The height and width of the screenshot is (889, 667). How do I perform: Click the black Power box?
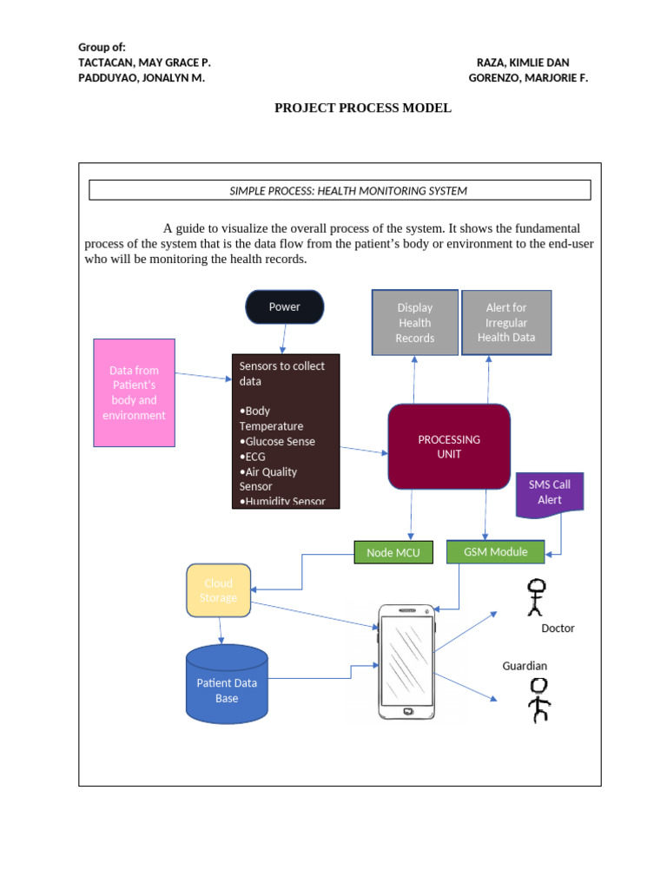tap(284, 307)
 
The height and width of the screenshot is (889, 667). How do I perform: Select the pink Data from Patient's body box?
tap(135, 392)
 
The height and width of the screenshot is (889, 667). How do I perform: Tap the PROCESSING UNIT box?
tap(448, 446)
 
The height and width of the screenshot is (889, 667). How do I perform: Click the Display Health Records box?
tap(414, 323)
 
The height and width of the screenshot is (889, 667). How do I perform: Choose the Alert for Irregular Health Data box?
tap(506, 323)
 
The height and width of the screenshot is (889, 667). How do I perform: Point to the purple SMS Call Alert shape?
tap(549, 494)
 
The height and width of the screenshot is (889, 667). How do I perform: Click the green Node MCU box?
tap(393, 552)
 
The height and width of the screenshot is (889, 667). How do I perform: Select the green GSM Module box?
tap(495, 551)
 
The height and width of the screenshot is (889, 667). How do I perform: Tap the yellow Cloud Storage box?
tap(218, 590)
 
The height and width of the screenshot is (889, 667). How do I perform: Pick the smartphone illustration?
tap(406, 662)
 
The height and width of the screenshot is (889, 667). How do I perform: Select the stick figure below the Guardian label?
tap(539, 700)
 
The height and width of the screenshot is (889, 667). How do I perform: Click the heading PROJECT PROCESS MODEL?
tap(363, 109)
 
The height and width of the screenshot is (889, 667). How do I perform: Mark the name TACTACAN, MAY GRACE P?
tap(144, 63)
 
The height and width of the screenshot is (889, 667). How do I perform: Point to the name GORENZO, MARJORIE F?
tap(528, 78)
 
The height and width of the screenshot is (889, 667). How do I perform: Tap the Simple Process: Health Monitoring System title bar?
tap(340, 190)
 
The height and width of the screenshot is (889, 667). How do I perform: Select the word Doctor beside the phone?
tap(558, 628)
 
